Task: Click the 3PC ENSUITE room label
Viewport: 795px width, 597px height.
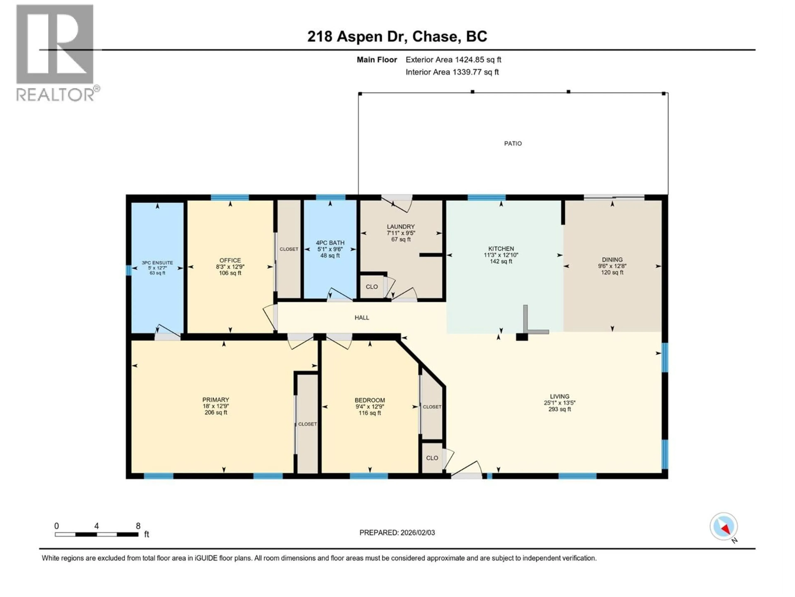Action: point(157,263)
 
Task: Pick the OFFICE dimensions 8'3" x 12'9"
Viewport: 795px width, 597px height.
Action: point(230,267)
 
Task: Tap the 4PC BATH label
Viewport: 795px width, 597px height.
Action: point(330,243)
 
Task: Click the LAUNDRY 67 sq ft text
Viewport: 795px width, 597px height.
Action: point(401,239)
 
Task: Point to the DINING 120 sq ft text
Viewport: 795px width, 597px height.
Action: point(612,272)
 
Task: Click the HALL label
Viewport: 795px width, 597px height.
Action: point(361,317)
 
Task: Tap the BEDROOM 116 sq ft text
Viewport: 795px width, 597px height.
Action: point(370,413)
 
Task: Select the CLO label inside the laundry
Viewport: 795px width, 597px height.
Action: point(372,287)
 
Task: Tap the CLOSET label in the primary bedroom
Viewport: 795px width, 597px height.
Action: point(307,424)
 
